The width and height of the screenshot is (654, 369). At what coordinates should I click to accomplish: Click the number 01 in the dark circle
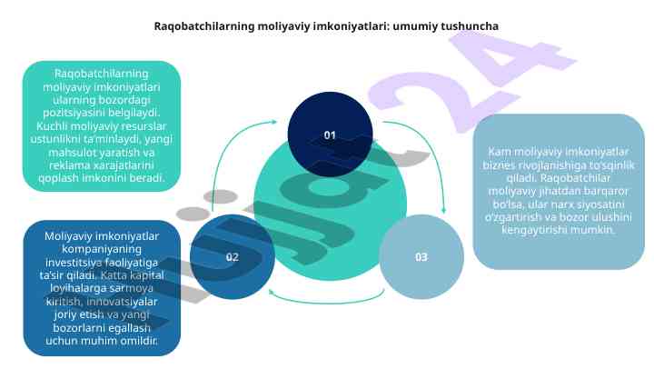(330, 135)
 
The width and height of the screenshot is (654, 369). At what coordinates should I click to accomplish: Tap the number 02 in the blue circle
(233, 257)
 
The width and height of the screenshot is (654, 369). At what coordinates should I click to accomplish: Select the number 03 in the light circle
(421, 257)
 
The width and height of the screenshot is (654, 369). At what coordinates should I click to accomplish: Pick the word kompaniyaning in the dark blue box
(102, 249)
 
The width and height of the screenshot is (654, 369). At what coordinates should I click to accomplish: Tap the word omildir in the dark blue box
(138, 341)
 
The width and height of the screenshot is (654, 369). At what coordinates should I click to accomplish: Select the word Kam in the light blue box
(498, 152)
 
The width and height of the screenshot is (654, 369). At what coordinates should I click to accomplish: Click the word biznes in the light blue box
(498, 165)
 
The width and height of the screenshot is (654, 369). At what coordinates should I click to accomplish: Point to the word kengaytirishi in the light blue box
(533, 230)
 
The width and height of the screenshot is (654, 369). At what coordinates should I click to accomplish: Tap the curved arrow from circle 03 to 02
(327, 302)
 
